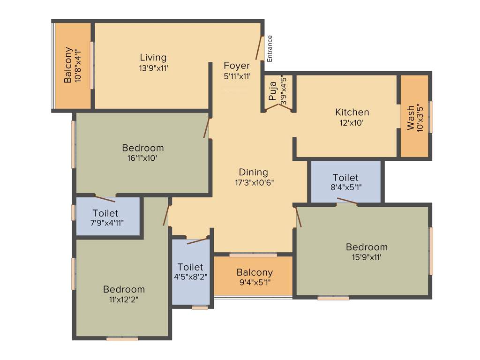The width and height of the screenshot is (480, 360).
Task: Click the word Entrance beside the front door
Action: (x=270, y=49)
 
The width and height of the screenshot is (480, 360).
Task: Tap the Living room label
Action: (x=153, y=58)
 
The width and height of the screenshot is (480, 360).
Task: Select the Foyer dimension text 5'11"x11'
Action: (x=237, y=76)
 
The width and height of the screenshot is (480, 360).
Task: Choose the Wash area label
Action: (x=411, y=118)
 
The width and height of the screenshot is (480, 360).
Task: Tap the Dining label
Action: (x=253, y=172)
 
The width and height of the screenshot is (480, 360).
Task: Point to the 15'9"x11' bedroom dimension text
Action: (x=367, y=257)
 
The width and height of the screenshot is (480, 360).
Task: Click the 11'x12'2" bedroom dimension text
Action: (x=124, y=299)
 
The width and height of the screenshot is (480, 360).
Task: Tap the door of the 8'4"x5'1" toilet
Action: (x=347, y=202)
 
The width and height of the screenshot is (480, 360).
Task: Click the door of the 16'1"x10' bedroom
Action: (x=206, y=127)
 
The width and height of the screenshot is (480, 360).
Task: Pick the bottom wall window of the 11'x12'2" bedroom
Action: (x=122, y=338)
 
